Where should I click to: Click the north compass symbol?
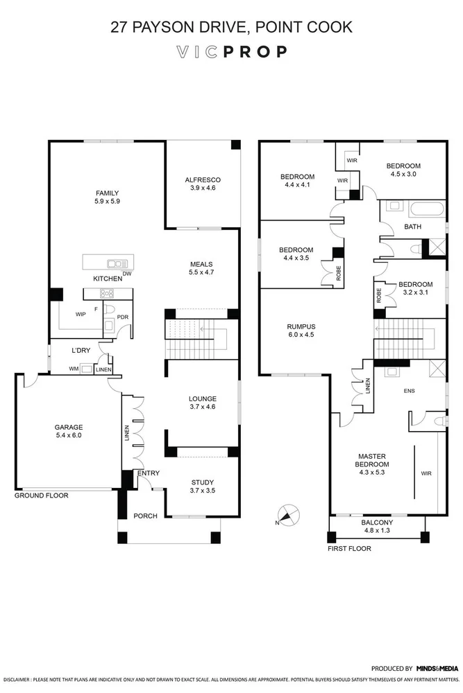[288, 515]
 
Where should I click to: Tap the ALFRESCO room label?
[203, 180]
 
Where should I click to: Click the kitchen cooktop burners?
[107, 293]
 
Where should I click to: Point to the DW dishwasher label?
[127, 274]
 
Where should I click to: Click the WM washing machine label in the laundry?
[74, 369]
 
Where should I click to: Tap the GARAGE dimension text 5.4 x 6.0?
[69, 435]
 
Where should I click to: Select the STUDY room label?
[203, 482]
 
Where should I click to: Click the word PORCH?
[145, 516]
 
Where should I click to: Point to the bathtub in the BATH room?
[426, 209]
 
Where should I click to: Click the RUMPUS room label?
[301, 326]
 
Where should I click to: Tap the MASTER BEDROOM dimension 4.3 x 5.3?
[372, 473]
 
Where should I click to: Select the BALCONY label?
[377, 523]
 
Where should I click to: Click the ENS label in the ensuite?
[410, 391]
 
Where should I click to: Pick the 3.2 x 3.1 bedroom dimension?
[416, 292]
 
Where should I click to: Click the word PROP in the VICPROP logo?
[255, 52]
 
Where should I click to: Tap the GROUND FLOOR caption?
[41, 495]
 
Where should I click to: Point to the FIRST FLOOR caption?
[349, 548]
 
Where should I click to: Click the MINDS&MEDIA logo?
[437, 668]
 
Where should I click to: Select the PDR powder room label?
[123, 317]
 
